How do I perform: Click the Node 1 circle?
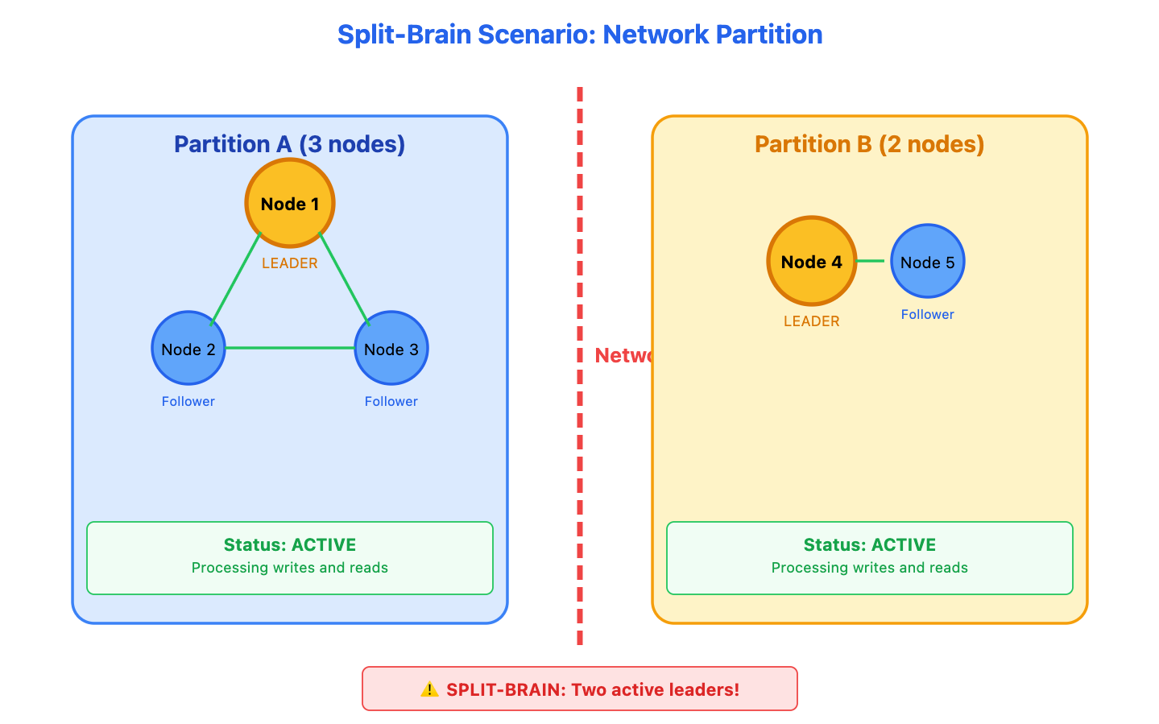point(290,203)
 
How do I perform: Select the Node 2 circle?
point(188,348)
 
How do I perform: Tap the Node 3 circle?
point(391,348)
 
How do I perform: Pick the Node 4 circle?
point(812,261)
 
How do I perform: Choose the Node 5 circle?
point(928,261)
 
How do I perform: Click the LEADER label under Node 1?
point(290,263)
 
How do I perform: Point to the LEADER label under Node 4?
point(812,321)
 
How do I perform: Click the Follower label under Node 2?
point(188,401)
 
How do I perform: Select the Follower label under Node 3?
point(391,401)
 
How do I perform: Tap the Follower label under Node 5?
point(928,314)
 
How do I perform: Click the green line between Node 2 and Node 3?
point(290,348)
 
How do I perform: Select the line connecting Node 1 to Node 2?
point(236,279)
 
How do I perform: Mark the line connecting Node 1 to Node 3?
point(344,279)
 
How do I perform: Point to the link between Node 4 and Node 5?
point(871,261)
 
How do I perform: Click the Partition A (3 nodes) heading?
point(290,144)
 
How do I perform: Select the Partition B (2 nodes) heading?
point(870,144)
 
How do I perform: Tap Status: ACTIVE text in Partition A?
point(290,545)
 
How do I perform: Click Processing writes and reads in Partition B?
point(870,568)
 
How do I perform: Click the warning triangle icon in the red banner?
point(429,689)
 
